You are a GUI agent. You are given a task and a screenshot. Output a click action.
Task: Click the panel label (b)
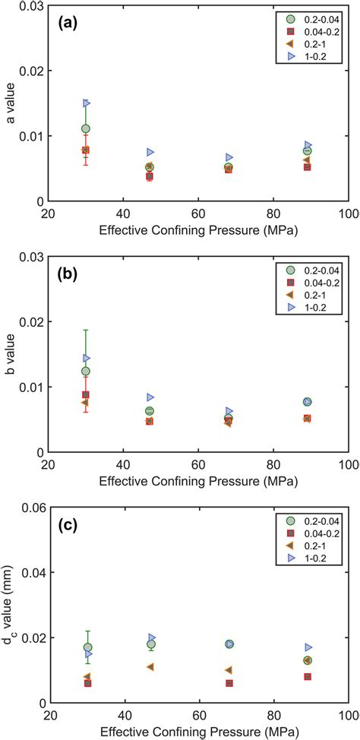[71, 274]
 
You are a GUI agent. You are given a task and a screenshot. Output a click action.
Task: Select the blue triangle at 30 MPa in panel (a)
[87, 103]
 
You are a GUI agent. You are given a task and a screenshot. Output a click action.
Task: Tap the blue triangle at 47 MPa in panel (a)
[150, 153]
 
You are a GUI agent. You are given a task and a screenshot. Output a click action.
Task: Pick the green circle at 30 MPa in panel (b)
[86, 372]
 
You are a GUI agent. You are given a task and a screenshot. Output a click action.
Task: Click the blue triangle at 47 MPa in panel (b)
[150, 397]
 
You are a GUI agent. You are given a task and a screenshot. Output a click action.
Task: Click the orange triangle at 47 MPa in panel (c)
[150, 666]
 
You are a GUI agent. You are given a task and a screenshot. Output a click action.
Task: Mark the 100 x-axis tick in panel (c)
[348, 716]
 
